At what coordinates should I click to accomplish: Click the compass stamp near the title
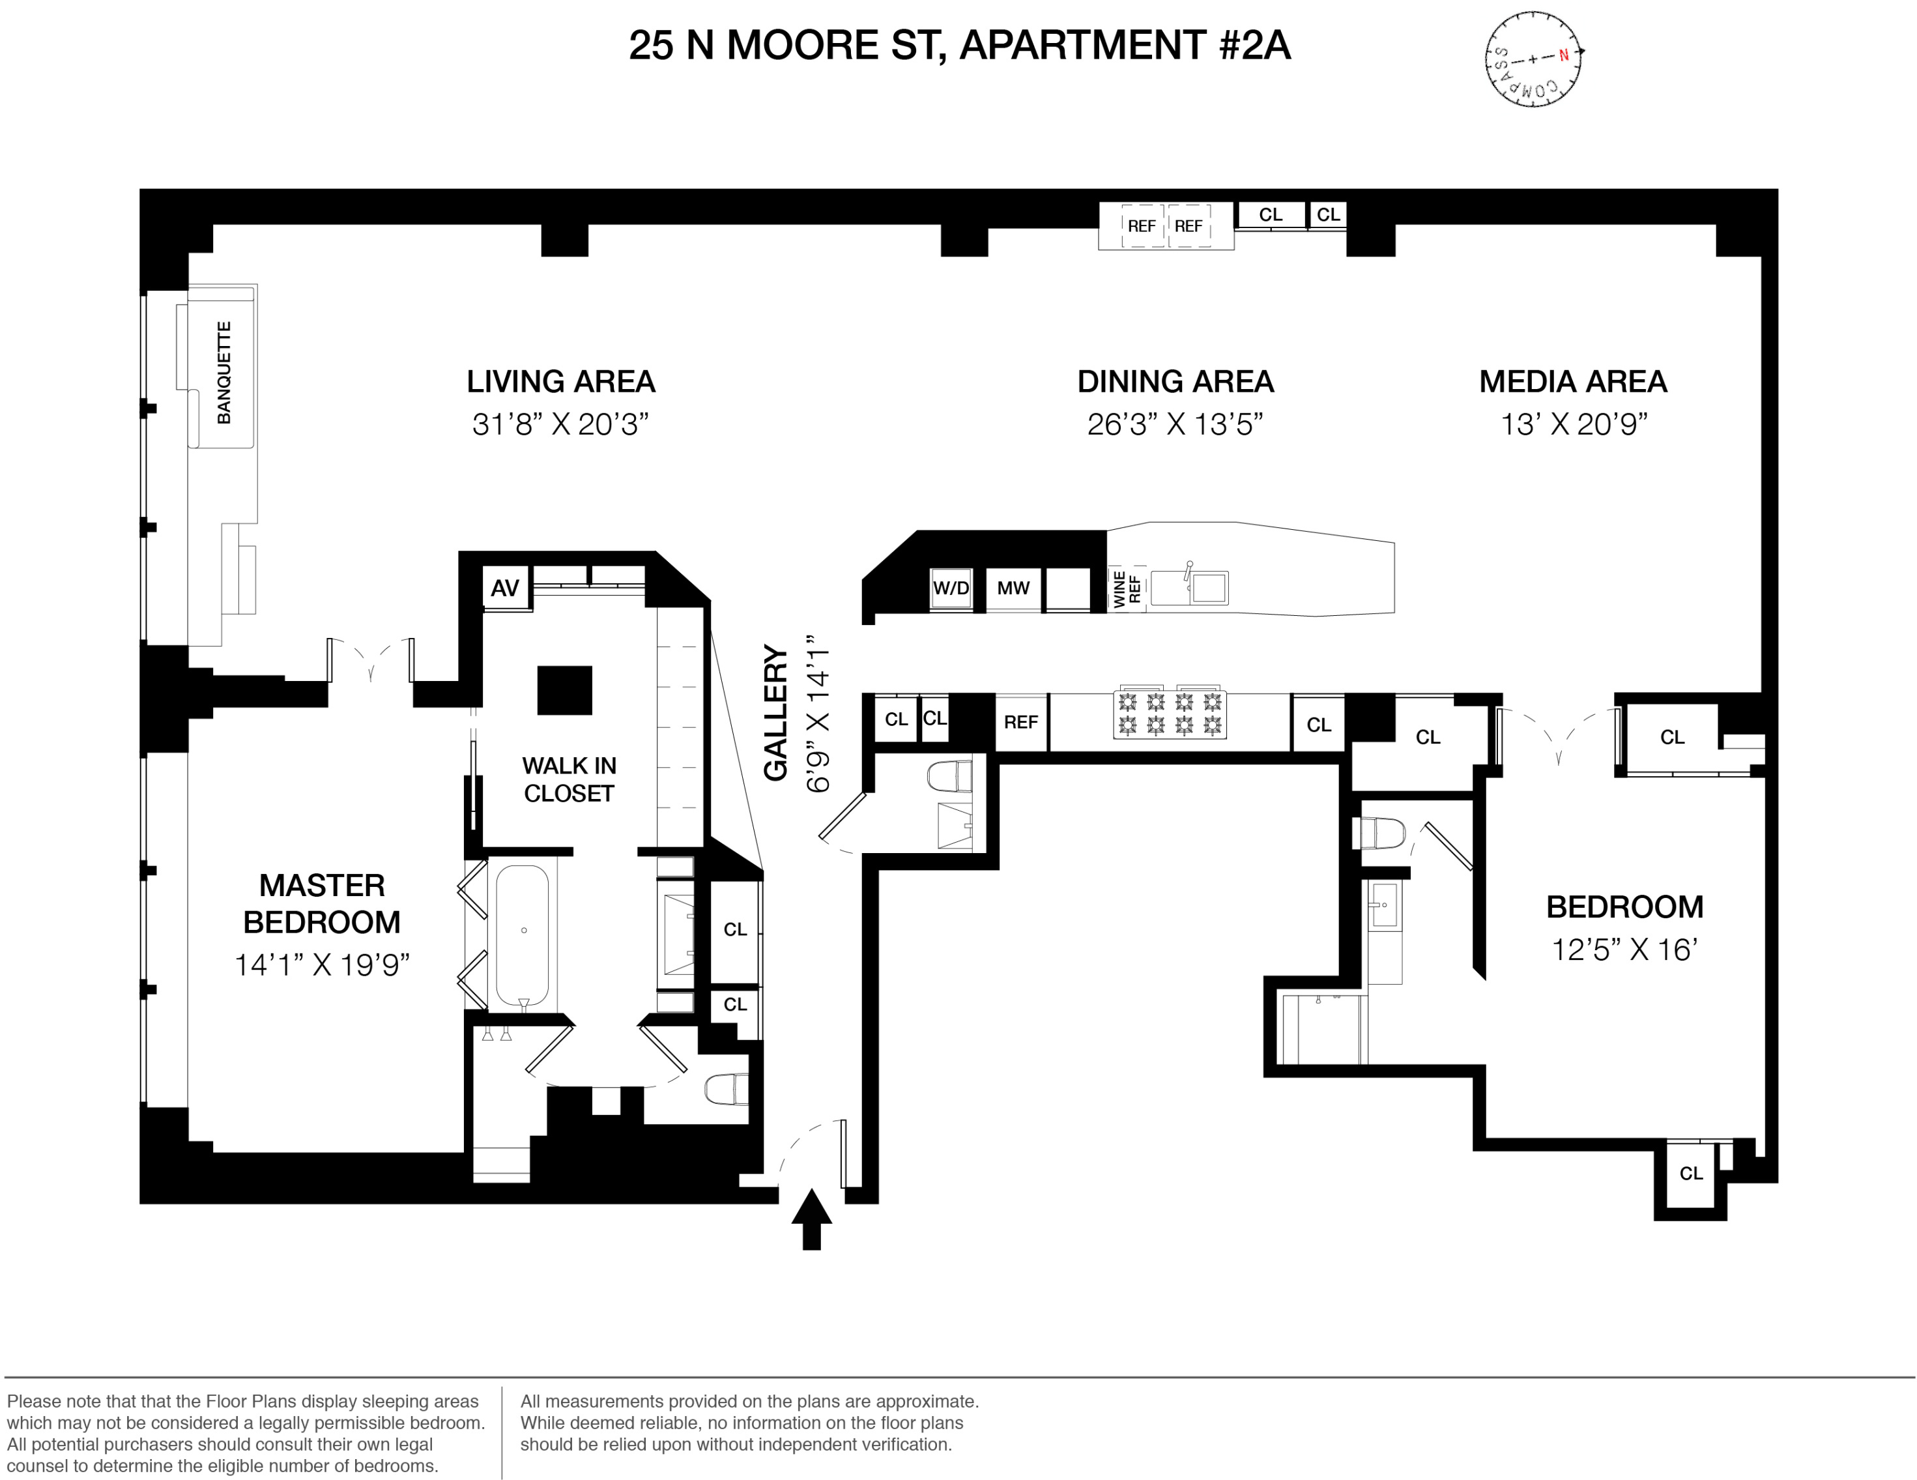click(1533, 59)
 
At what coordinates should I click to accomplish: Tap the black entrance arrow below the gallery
click(811, 1217)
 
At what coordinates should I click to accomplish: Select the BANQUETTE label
click(224, 372)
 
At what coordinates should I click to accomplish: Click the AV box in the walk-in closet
click(505, 588)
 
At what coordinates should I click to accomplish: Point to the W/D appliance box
click(951, 588)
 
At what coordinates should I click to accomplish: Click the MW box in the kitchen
click(1013, 588)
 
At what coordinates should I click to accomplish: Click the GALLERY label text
click(776, 713)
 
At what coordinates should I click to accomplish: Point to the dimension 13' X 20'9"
click(1573, 425)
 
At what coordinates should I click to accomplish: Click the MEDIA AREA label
click(1573, 382)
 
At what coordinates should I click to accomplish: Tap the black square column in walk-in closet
click(564, 690)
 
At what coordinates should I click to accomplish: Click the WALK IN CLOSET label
click(569, 779)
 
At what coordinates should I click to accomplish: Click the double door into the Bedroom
click(1558, 733)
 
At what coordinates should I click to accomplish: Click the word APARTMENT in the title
click(1083, 46)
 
